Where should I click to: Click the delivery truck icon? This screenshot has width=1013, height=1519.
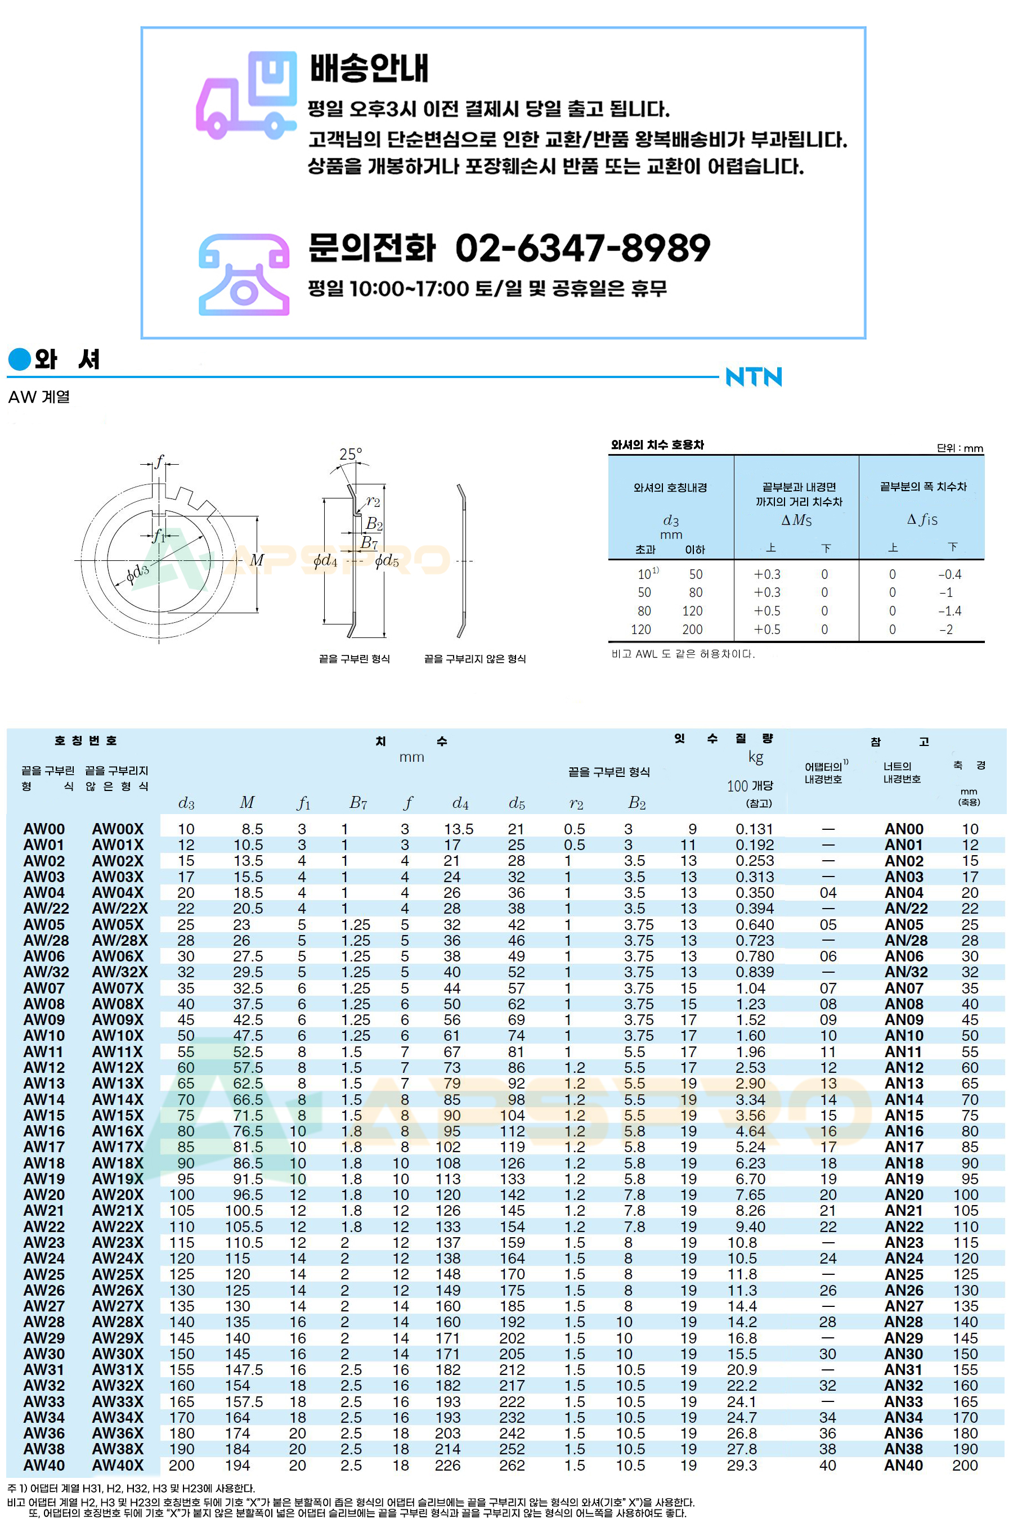pyautogui.click(x=245, y=95)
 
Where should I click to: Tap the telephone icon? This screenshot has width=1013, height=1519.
pyautogui.click(x=244, y=275)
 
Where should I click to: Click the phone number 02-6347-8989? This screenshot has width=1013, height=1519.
pyautogui.click(x=582, y=248)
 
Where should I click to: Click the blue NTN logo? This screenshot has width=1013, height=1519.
pyautogui.click(x=754, y=376)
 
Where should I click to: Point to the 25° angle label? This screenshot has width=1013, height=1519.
pyautogui.click(x=351, y=454)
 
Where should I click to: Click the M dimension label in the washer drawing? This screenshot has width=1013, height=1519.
pyautogui.click(x=257, y=560)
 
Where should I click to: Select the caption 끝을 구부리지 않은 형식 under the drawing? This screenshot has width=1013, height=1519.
pyautogui.click(x=474, y=659)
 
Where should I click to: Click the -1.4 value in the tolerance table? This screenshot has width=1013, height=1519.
pyautogui.click(x=949, y=611)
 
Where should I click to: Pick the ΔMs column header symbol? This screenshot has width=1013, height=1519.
pyautogui.click(x=796, y=520)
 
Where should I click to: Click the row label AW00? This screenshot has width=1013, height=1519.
pyautogui.click(x=44, y=829)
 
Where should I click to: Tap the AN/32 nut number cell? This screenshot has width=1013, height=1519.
pyautogui.click(x=906, y=972)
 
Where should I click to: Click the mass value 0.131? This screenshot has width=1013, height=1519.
pyautogui.click(x=754, y=829)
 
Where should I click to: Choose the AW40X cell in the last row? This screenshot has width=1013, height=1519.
pyautogui.click(x=118, y=1465)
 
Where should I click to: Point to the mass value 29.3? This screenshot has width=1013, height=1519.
pyautogui.click(x=742, y=1465)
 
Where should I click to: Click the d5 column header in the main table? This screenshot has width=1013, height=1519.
pyautogui.click(x=517, y=803)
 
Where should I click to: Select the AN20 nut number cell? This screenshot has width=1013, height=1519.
pyautogui.click(x=904, y=1194)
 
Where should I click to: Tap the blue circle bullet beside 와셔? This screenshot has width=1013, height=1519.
pyautogui.click(x=19, y=359)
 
